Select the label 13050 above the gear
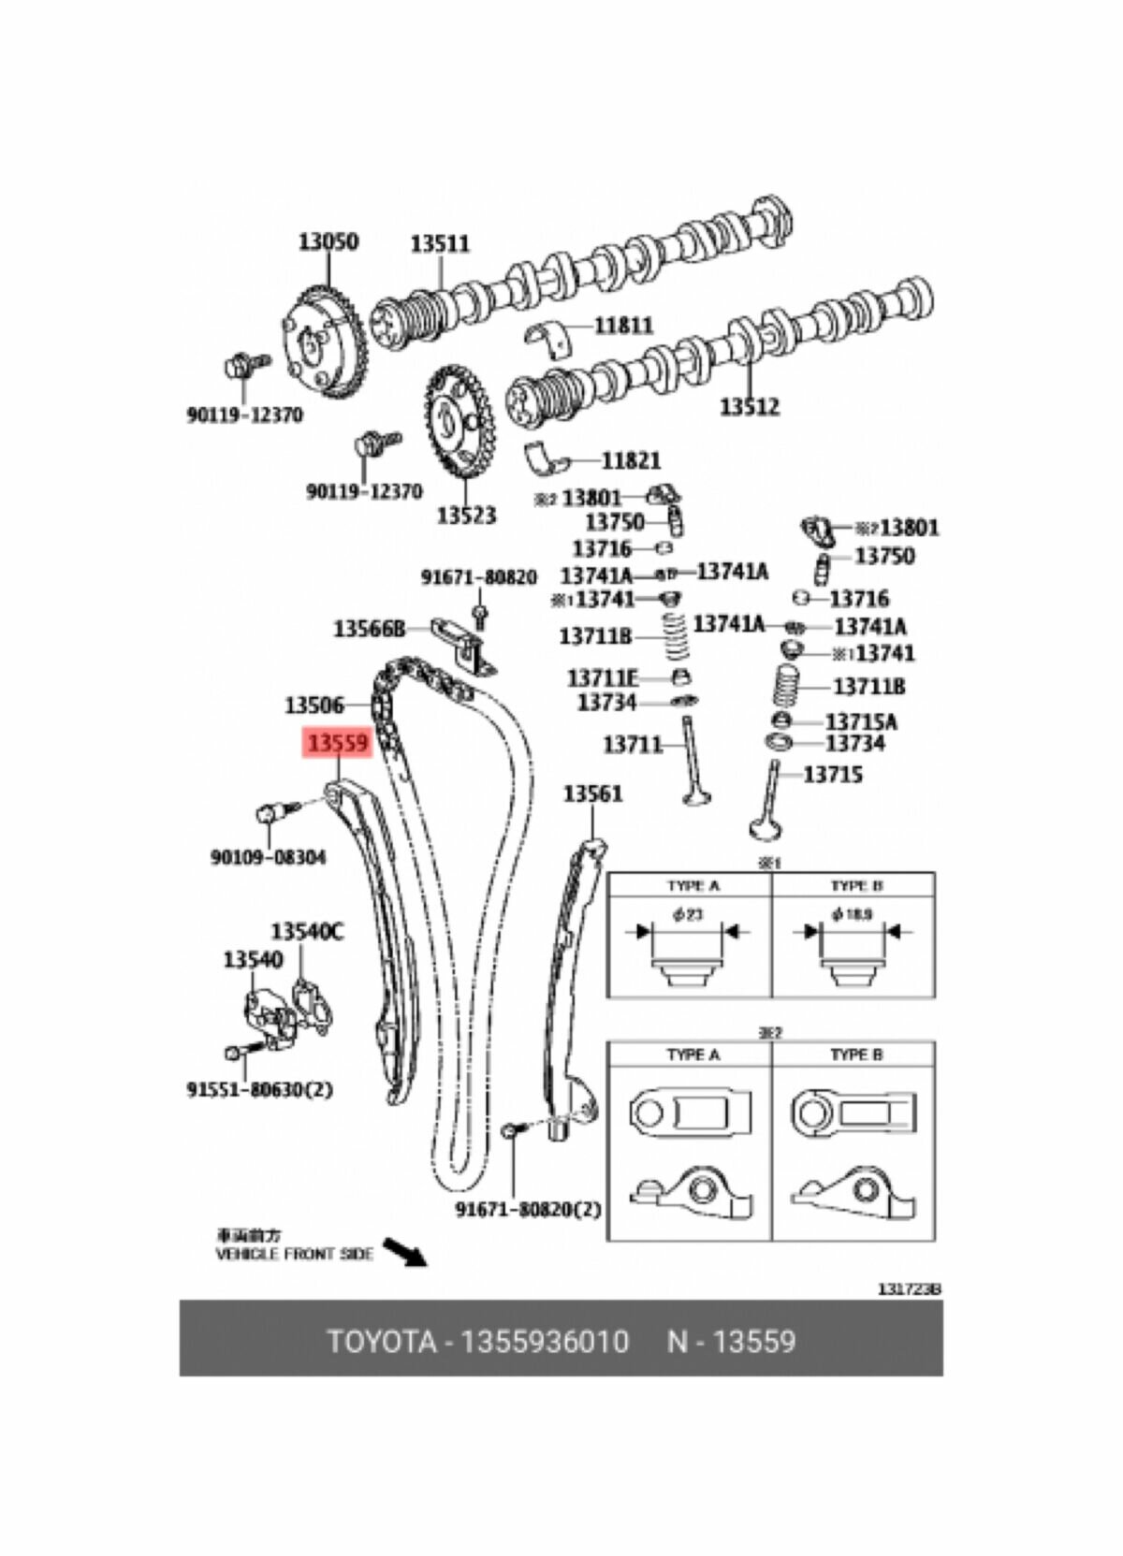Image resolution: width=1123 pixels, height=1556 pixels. click(328, 241)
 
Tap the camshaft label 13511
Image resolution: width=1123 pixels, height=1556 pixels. click(440, 243)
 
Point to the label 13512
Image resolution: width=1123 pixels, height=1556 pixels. click(749, 406)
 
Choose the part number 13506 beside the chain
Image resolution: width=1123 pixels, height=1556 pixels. click(314, 705)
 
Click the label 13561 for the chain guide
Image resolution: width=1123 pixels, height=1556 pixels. click(592, 793)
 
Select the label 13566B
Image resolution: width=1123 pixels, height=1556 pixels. click(369, 629)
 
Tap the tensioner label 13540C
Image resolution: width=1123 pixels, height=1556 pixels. click(307, 932)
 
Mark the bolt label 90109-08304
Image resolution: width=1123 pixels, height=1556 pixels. click(269, 857)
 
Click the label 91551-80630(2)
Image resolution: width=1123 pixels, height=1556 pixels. click(260, 1089)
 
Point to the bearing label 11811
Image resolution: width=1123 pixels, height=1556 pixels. click(624, 326)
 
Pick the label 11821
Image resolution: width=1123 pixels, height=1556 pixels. click(631, 460)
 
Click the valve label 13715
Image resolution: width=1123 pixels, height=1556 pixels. click(833, 775)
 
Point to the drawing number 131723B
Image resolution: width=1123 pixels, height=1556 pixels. click(909, 1289)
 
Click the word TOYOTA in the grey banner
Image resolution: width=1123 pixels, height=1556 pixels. click(382, 1342)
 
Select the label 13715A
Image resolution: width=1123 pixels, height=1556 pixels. click(860, 721)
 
